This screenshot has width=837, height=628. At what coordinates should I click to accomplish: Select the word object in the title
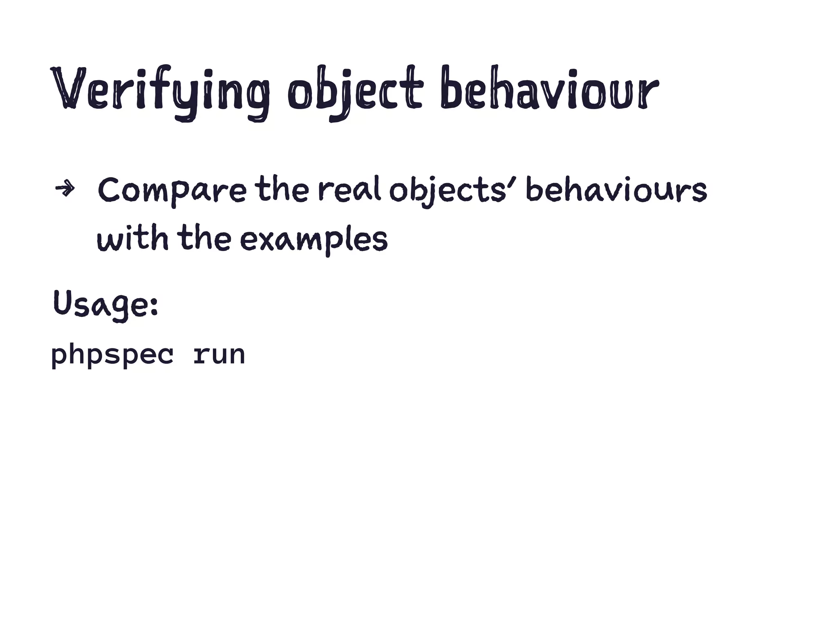coord(355,91)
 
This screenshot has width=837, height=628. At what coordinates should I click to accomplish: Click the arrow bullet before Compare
coord(65,188)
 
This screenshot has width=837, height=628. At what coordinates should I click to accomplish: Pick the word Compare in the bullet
coord(172,191)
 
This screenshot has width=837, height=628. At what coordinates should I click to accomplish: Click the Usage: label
coord(105,304)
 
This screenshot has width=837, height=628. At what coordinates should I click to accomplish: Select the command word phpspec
coord(112,355)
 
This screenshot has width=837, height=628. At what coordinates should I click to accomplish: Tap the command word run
coord(219,355)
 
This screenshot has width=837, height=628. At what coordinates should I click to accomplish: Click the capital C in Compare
coord(109,191)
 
